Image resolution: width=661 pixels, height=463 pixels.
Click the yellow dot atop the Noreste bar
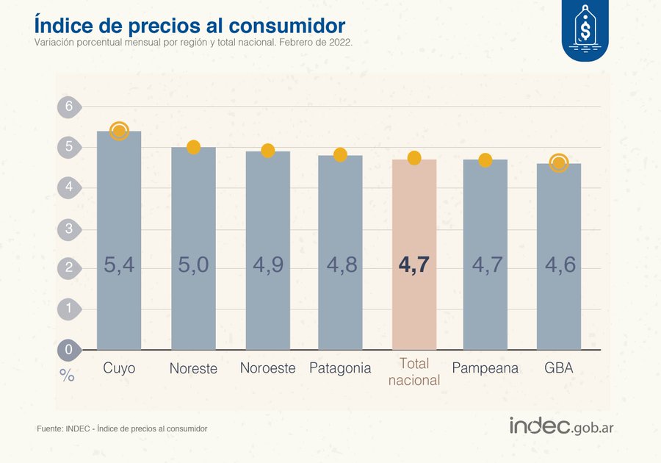point(194,147)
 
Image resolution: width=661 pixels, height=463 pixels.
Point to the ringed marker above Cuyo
point(119,132)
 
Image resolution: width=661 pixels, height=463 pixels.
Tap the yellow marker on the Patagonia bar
point(340,154)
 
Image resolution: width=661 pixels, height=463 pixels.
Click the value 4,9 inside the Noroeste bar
point(267,265)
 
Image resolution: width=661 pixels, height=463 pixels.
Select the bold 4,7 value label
point(414,265)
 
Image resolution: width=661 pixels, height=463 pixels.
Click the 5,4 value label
point(119,265)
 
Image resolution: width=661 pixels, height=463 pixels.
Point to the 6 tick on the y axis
point(69,107)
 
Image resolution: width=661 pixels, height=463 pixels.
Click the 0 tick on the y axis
point(69,349)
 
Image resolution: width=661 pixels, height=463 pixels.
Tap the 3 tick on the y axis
point(69,229)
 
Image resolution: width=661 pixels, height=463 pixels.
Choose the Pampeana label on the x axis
point(485,368)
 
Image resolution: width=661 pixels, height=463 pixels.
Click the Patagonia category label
point(340,368)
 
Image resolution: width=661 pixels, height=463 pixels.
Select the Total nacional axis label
point(414,372)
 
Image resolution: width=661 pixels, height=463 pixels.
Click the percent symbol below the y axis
point(67,376)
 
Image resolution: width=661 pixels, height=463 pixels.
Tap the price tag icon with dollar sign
point(585,30)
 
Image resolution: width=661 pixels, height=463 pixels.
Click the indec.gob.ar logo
point(561,426)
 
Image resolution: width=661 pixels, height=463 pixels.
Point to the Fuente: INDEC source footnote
point(122,428)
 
